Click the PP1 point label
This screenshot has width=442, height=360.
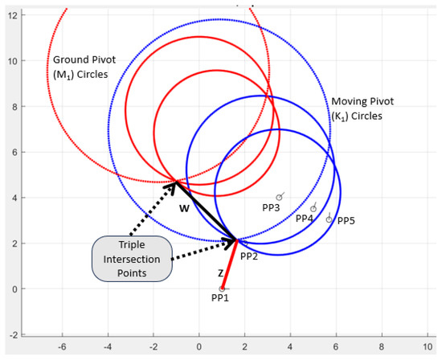coord(219,299)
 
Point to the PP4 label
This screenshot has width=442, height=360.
coord(305,219)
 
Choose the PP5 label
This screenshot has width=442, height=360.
coord(346,220)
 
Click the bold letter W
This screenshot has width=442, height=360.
coord(184,209)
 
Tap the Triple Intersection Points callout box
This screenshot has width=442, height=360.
coord(132,259)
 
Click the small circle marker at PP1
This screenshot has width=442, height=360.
coord(222,288)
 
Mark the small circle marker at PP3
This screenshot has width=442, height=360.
coord(279,197)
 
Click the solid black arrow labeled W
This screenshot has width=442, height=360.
coord(204,210)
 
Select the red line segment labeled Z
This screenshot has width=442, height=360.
coord(228,264)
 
